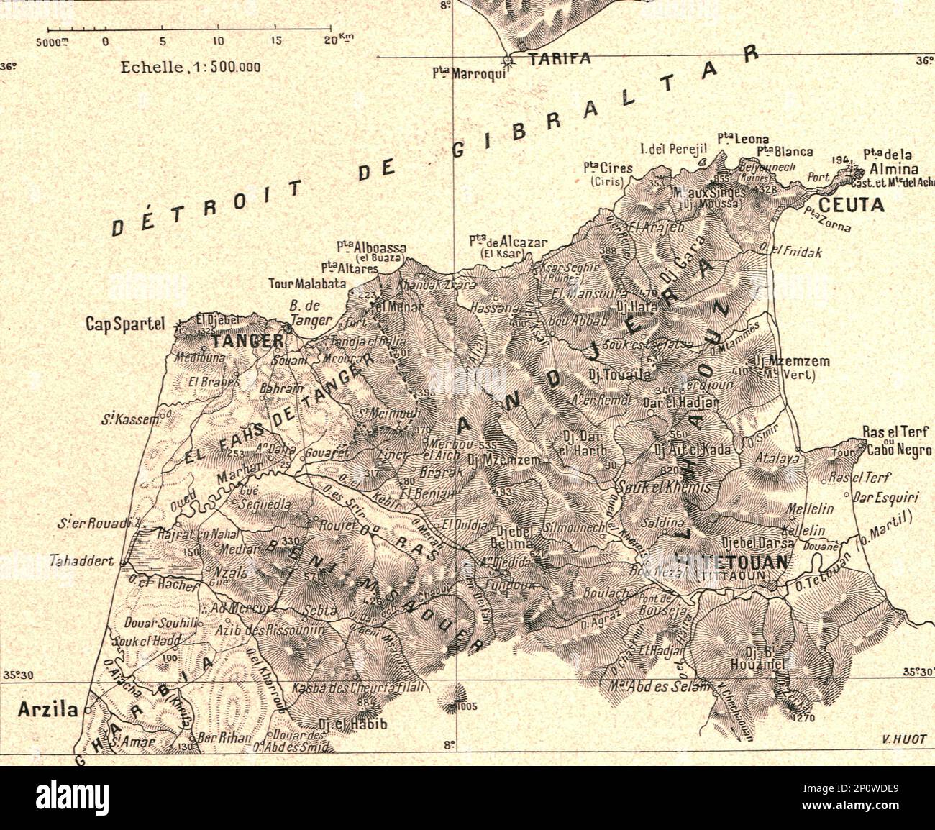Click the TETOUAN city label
(742, 561)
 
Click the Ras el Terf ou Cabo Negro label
(897, 441)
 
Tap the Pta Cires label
(608, 168)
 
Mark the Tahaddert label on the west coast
(83, 561)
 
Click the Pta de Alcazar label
(509, 242)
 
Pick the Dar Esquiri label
(882, 496)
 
